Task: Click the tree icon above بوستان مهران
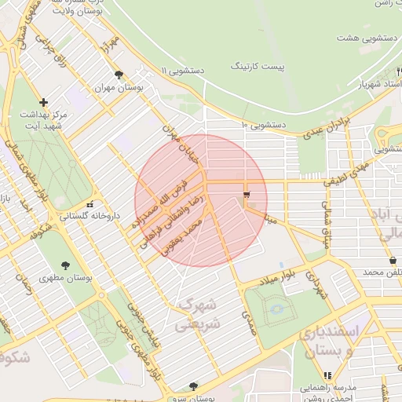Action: (x=119, y=75)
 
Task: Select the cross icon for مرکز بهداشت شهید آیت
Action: (x=43, y=102)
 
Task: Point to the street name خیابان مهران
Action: (x=177, y=137)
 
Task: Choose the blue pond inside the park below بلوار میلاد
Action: (x=276, y=309)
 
